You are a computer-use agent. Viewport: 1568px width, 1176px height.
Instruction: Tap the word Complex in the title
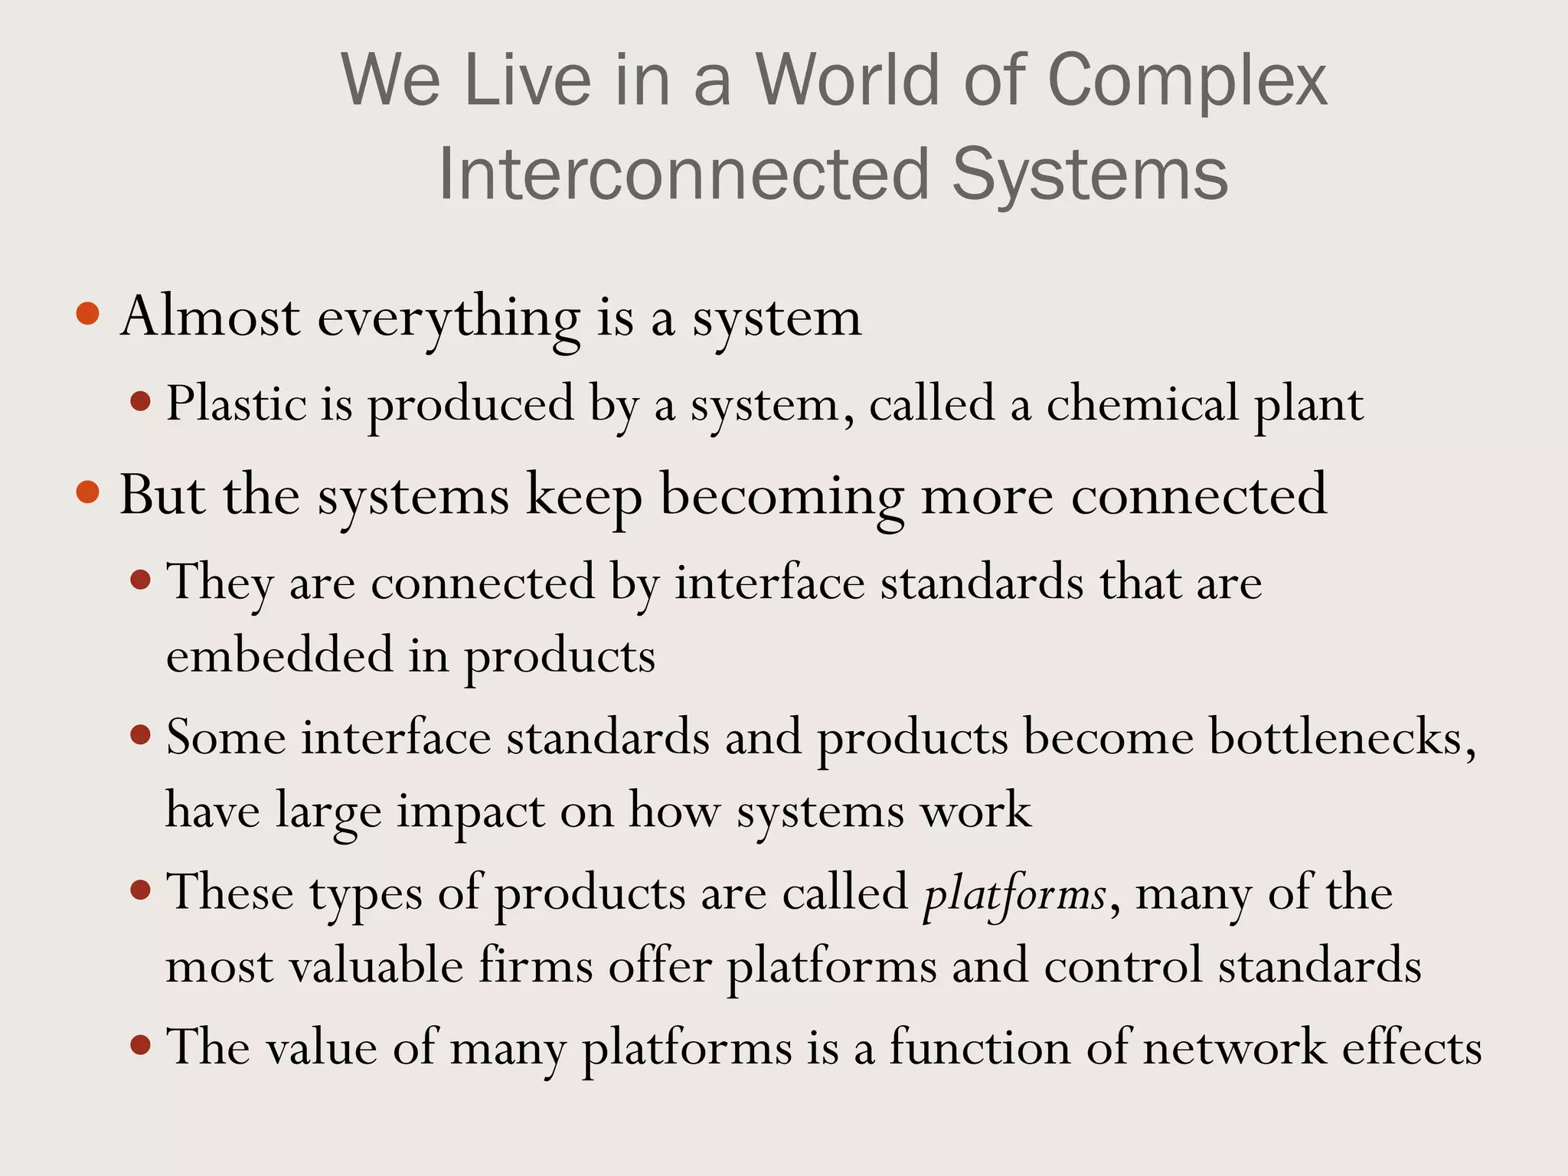click(x=1186, y=81)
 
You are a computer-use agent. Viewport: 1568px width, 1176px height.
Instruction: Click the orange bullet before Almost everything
click(x=89, y=313)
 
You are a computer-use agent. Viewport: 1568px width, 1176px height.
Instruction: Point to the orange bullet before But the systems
click(x=89, y=492)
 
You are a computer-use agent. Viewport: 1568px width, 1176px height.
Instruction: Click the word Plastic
click(x=236, y=403)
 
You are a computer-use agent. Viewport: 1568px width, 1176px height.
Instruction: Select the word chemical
click(x=1142, y=403)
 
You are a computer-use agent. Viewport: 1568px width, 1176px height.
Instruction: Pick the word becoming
click(x=782, y=496)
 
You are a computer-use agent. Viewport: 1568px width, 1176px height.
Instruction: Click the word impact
click(x=470, y=812)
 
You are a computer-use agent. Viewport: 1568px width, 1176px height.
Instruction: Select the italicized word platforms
click(x=1014, y=893)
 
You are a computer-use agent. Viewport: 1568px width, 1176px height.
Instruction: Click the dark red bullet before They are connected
click(x=140, y=580)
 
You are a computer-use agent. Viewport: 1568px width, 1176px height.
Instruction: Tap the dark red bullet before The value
click(x=140, y=1044)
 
